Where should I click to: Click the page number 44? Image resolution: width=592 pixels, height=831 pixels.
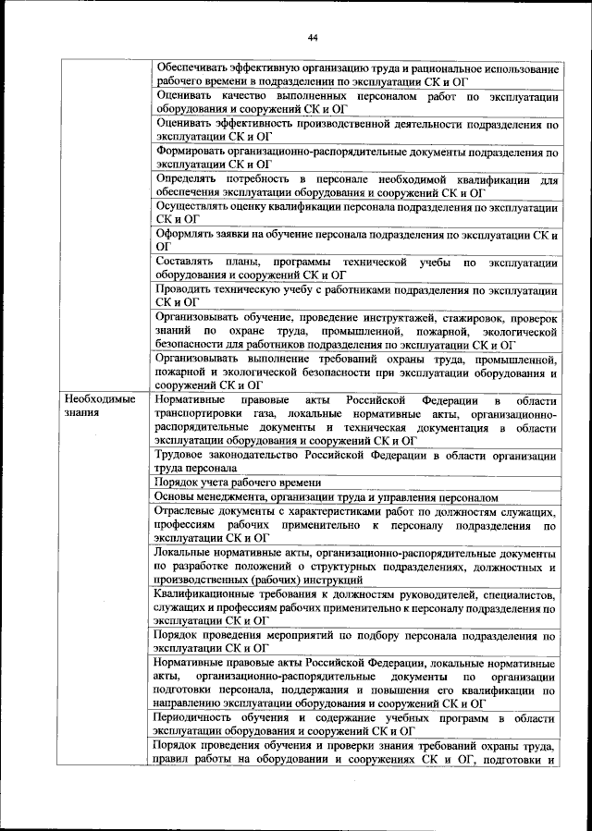pyautogui.click(x=312, y=37)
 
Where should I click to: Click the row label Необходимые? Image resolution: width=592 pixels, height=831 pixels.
pyautogui.click(x=99, y=399)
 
